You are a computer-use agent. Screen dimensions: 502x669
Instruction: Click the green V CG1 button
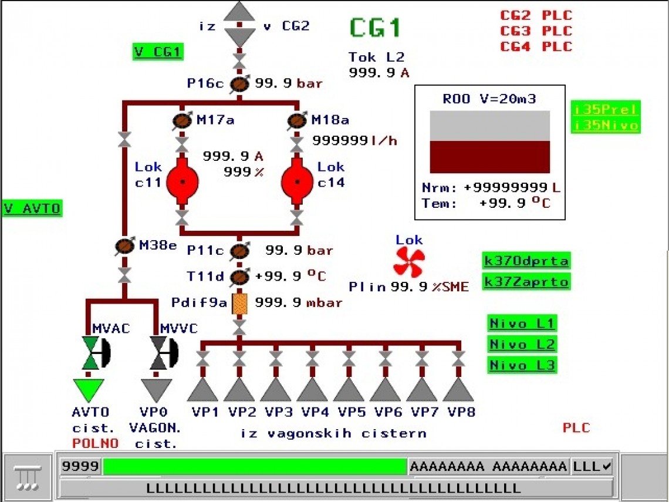(x=158, y=52)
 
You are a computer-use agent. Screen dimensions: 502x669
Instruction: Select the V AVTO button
(x=32, y=208)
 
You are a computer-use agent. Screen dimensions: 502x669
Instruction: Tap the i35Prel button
(x=605, y=109)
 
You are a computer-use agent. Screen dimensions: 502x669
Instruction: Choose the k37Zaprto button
(x=526, y=282)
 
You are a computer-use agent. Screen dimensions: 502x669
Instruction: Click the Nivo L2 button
(x=522, y=344)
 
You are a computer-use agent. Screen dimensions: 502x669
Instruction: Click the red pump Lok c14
(x=297, y=181)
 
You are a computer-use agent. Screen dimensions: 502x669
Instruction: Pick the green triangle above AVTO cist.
(x=89, y=390)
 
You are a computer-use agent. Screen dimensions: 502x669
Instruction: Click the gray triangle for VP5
(x=349, y=389)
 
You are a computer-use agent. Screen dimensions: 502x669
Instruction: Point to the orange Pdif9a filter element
(x=239, y=303)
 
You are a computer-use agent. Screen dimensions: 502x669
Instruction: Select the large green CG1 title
(x=376, y=28)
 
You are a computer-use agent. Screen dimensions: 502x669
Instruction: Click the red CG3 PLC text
(x=536, y=31)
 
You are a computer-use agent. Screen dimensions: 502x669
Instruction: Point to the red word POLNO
(x=95, y=443)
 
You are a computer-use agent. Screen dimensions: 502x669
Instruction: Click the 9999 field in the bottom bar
(x=80, y=467)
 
